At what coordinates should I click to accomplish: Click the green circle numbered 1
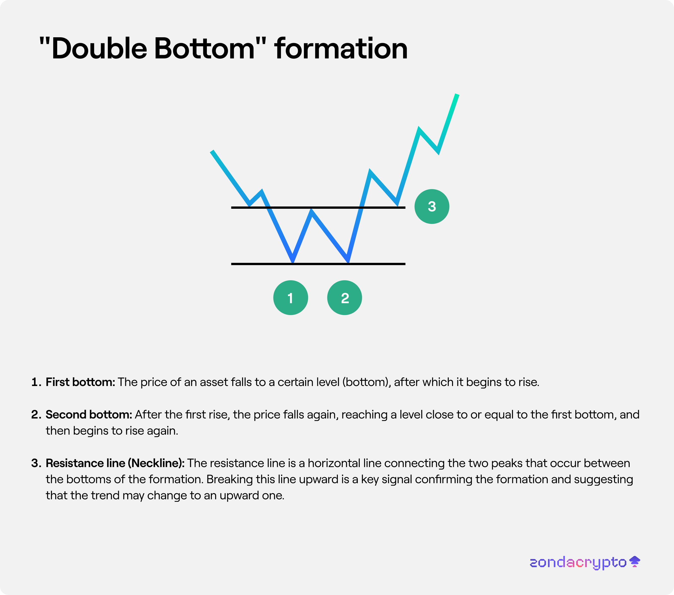(x=291, y=298)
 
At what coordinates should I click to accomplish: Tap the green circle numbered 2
(x=345, y=298)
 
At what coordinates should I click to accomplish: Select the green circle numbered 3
(x=432, y=206)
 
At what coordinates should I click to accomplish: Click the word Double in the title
(x=99, y=48)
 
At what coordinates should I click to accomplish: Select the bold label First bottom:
(x=80, y=382)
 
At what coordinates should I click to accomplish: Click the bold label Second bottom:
(x=89, y=414)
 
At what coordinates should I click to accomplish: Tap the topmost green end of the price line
(x=457, y=95)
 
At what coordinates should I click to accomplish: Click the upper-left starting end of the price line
(x=212, y=151)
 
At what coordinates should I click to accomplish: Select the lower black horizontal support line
(x=318, y=264)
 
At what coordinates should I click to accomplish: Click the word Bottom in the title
(x=204, y=48)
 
